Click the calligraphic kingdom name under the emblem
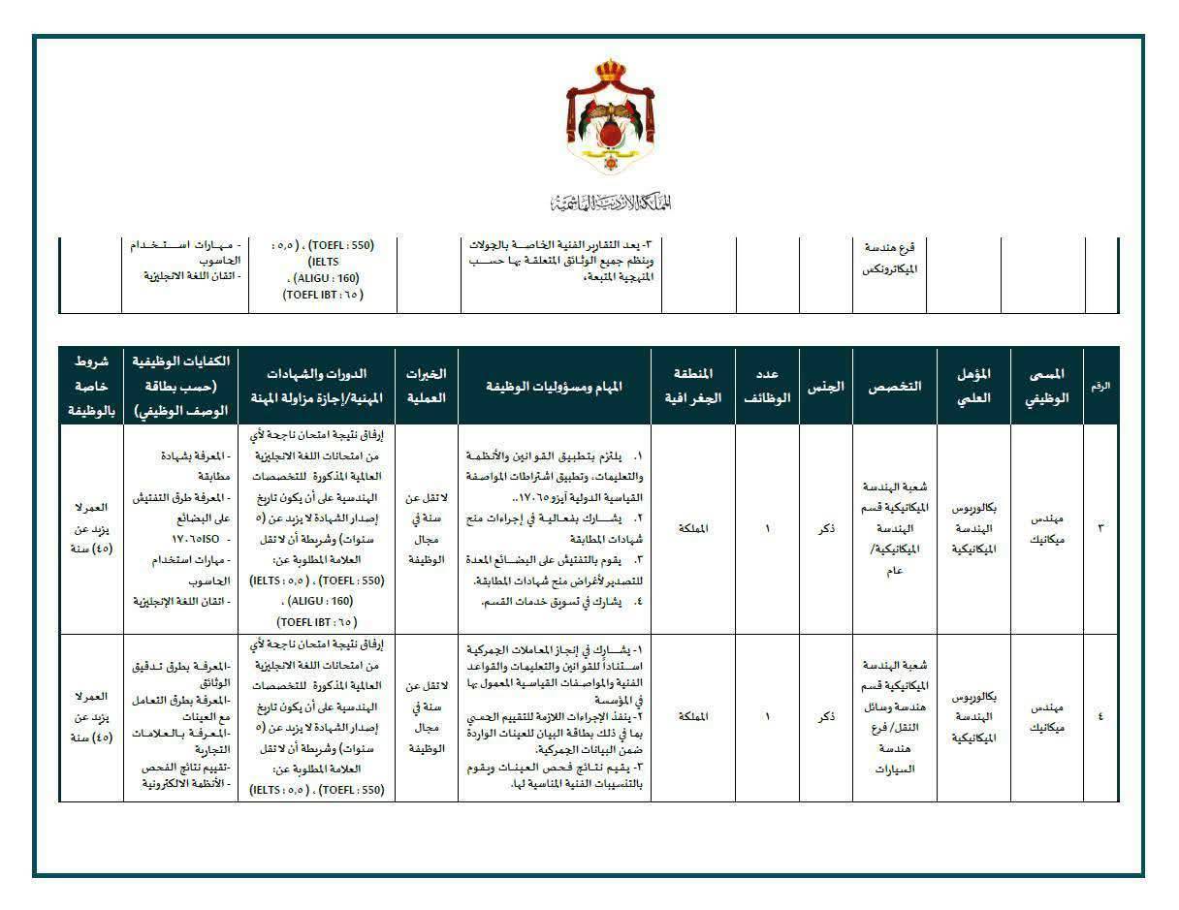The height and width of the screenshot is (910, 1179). tap(611, 202)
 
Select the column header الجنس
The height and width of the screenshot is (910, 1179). tap(825, 386)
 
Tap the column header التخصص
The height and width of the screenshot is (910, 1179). tap(895, 386)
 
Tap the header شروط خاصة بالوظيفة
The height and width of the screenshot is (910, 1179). tap(90, 386)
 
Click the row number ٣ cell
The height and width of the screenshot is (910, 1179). tap(1100, 528)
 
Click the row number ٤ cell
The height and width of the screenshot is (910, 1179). tap(1100, 717)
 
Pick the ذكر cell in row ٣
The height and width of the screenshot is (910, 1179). tap(826, 528)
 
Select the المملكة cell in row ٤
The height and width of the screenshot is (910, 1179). tap(695, 717)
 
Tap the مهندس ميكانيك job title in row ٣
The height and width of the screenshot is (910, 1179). tap(1045, 528)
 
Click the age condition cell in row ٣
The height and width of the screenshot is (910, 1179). tap(90, 528)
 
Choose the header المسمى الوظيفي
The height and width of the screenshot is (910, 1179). tap(1045, 386)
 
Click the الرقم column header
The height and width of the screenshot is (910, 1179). tap(1100, 386)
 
